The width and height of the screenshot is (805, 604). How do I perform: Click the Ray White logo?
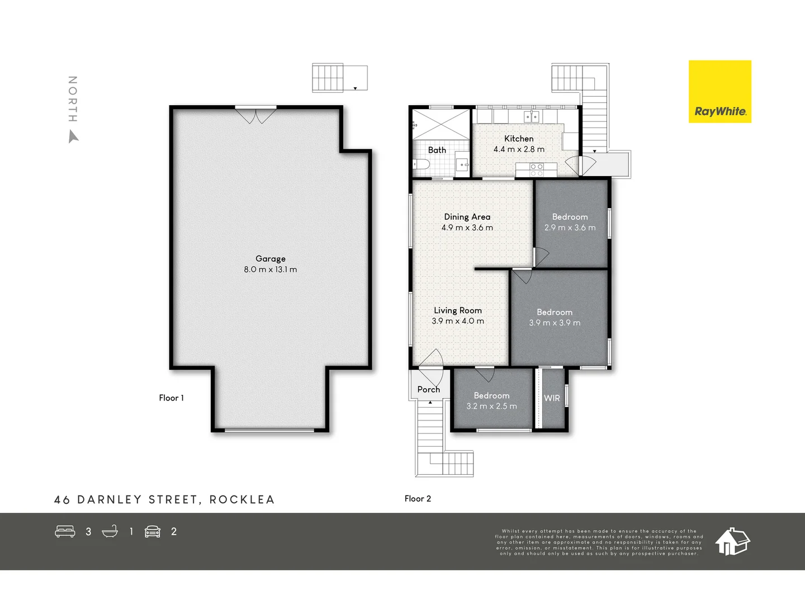[x=719, y=92]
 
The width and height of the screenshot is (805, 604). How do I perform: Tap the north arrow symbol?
[x=73, y=136]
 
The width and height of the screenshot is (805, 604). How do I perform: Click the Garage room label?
[x=271, y=258]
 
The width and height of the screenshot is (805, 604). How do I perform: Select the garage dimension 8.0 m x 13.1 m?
[x=271, y=270]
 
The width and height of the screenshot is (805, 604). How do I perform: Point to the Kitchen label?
[x=519, y=139]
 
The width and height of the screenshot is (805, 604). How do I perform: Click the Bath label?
[x=437, y=150]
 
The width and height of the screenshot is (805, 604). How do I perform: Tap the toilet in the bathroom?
[x=420, y=164]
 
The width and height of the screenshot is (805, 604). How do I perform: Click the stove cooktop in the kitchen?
[x=537, y=169]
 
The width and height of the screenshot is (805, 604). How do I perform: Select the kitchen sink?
[x=531, y=116]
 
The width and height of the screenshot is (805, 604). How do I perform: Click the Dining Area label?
[x=467, y=217]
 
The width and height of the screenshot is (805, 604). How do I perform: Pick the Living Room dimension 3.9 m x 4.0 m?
[x=458, y=321]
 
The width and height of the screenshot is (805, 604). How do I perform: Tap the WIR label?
[x=552, y=398]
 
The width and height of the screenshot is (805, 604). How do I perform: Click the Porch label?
[x=429, y=390]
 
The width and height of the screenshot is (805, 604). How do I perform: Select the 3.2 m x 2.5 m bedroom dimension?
[x=492, y=406]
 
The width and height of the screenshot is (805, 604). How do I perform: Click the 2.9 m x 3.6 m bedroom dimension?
[x=570, y=228]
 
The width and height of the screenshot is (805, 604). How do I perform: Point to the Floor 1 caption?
[x=171, y=398]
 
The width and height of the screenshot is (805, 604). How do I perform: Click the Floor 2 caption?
[x=418, y=498]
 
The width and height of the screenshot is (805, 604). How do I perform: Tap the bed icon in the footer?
[x=65, y=531]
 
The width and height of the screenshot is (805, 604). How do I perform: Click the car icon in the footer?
[x=153, y=531]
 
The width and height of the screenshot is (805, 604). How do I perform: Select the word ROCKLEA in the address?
[x=242, y=499]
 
